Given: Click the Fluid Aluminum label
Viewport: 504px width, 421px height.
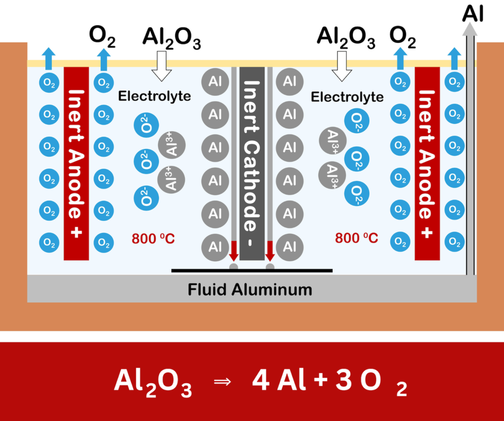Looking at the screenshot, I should pos(250,289).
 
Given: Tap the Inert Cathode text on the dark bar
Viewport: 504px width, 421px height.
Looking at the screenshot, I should pos(252,162).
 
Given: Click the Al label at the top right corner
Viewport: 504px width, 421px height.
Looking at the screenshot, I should pos(472,14).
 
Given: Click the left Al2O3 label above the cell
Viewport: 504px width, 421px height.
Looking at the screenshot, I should pos(171,39).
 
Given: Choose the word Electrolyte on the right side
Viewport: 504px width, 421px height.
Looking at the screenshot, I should pos(347,97).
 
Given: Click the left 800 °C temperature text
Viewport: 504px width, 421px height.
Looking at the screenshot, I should pos(153,240).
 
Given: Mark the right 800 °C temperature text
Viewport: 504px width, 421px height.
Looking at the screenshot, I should pos(357,239).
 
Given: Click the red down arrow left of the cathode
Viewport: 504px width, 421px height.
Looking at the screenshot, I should pos(234,250).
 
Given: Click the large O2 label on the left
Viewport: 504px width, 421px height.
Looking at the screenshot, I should pos(102,37).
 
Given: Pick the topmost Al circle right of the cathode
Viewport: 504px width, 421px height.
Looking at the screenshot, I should pos(289,81).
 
